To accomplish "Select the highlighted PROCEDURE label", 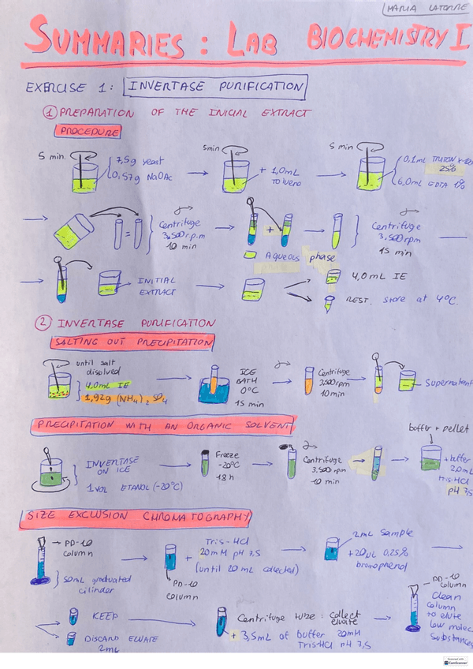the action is pos(88,132).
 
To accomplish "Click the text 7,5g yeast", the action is pos(140,160).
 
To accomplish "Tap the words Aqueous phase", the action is pos(300,256).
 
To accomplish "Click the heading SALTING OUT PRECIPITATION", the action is pos(132,342).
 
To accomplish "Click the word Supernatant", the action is pos(448,383).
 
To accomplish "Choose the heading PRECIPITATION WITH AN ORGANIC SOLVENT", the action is pos(162,427).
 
